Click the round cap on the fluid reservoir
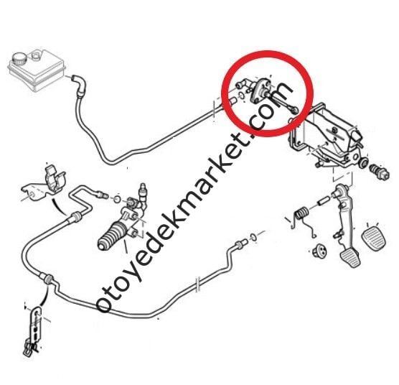tap(19, 59)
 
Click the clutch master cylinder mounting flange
tap(260, 91)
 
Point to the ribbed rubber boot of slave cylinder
tap(112, 236)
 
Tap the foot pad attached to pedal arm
tap(351, 258)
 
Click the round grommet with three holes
tap(320, 251)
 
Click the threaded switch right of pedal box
tap(380, 172)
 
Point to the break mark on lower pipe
tap(198, 284)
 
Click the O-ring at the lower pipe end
tap(253, 237)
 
